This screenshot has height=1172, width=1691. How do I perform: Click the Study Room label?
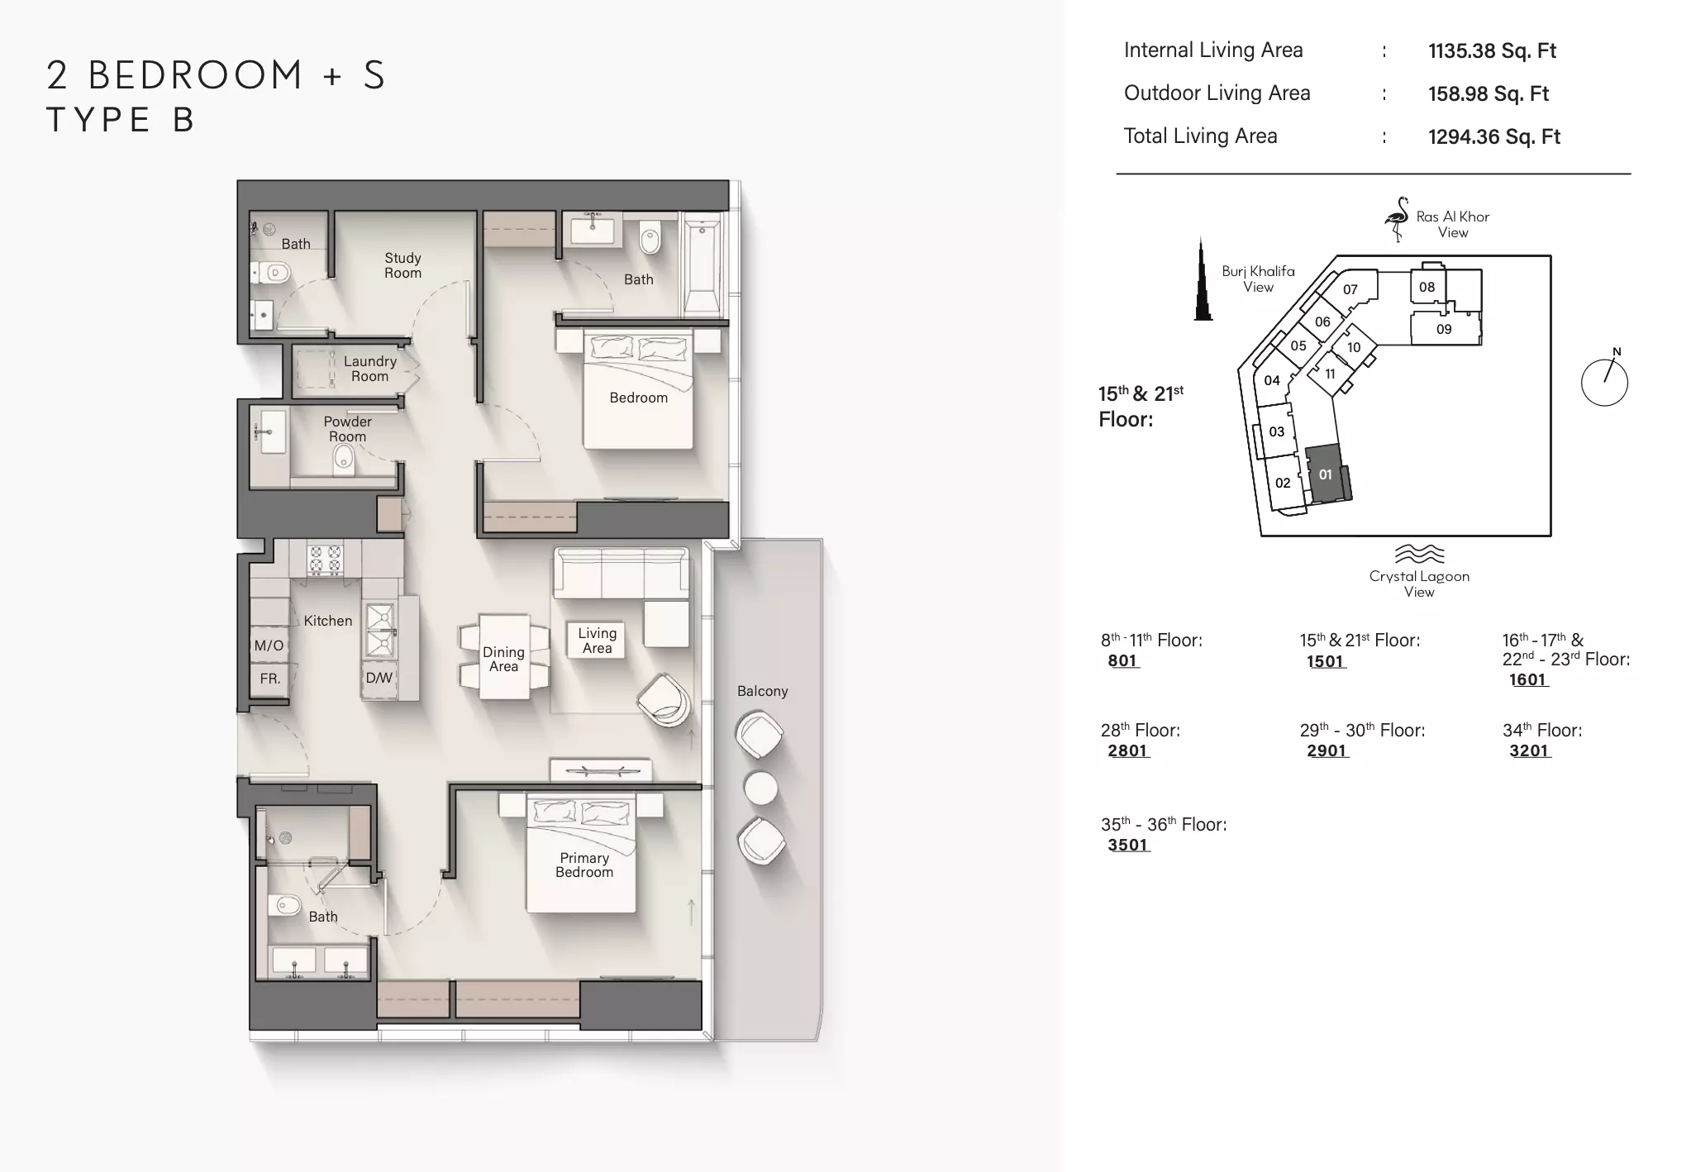click(403, 265)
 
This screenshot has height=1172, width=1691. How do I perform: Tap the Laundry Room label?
click(369, 369)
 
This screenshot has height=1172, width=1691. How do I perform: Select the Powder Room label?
click(347, 429)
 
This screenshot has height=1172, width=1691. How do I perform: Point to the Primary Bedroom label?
click(584, 865)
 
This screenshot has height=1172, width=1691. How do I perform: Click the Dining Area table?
click(504, 657)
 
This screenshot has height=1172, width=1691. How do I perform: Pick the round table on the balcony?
click(760, 788)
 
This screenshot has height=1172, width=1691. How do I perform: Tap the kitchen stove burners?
click(325, 559)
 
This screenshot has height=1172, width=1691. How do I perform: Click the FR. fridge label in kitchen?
click(270, 679)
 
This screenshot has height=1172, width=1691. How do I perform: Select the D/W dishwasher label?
click(379, 678)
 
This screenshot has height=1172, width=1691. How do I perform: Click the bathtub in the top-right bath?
click(703, 264)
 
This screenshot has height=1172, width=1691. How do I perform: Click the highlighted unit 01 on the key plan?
click(1327, 474)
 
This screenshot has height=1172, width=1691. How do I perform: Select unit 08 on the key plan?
click(1427, 287)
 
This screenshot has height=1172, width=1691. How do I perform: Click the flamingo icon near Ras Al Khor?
click(1397, 219)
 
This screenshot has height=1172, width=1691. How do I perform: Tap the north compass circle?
click(1604, 383)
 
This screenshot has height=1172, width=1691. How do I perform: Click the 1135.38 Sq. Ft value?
click(1492, 50)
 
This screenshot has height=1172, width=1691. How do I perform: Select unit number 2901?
click(1327, 750)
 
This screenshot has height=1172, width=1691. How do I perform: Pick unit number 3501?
click(1128, 845)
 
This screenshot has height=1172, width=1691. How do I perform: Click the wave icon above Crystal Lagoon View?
click(1419, 554)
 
